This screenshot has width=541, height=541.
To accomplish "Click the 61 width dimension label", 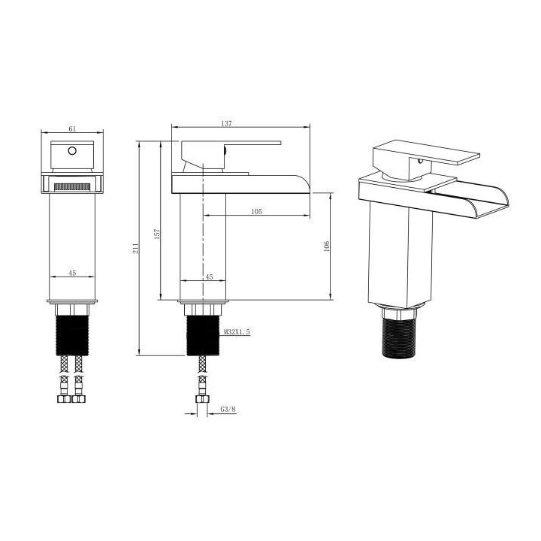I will coord(73,129).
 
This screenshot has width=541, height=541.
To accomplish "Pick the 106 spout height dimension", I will coord(325,246).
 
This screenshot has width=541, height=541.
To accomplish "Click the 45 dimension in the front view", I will coord(72,274).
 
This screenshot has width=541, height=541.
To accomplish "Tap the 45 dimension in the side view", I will coord(209,277).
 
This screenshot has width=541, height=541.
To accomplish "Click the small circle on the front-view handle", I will coord(72,151).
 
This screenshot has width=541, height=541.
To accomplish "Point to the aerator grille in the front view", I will coord(73,183).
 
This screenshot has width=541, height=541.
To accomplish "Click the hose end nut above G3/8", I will coord(201,399).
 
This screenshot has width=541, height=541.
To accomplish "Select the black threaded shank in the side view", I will coord(202,334).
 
